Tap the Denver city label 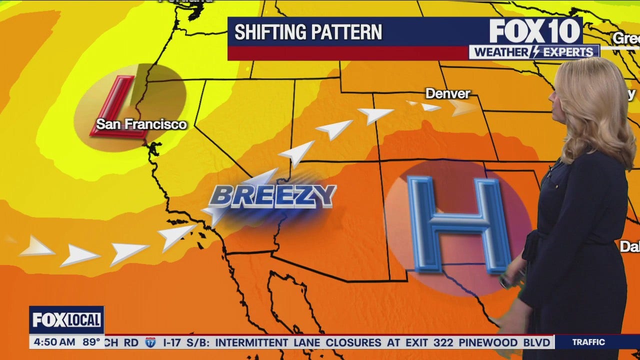(x=447, y=93)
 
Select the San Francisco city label (x=141, y=124)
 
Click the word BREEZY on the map (x=272, y=196)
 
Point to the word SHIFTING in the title (x=269, y=32)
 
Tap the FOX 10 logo (x=534, y=31)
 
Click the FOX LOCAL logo (x=66, y=320)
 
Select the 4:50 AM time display (x=53, y=342)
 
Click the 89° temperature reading (x=91, y=342)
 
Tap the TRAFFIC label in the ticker (x=588, y=342)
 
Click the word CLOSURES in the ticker (x=353, y=342)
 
